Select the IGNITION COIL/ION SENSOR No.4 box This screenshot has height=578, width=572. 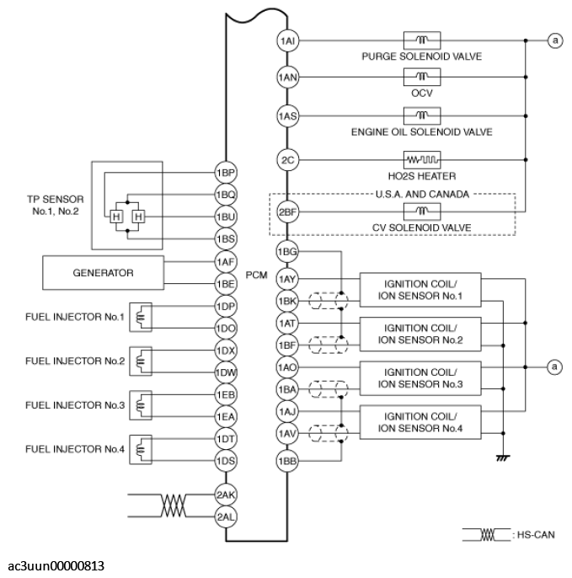coord(420,422)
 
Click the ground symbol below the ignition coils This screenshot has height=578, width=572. coord(503,458)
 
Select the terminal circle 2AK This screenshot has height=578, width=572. coord(225,495)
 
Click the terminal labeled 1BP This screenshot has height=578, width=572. coord(225,172)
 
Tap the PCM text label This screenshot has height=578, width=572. coord(256,274)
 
